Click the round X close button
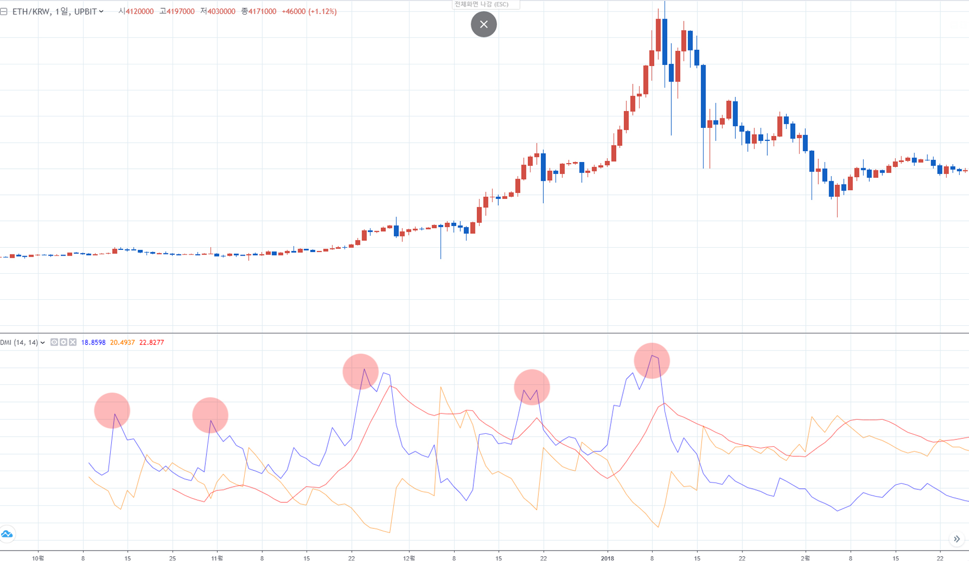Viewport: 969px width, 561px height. [x=484, y=24]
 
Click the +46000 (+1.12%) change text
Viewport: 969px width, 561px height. [x=309, y=11]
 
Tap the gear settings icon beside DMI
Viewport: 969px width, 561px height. [x=63, y=342]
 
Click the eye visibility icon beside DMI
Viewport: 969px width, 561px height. [x=54, y=342]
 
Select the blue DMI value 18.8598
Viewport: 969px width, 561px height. [x=93, y=342]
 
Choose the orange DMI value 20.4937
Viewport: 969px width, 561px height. [x=122, y=342]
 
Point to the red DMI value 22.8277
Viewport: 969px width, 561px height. [x=151, y=342]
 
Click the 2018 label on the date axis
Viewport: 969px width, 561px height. [x=607, y=558]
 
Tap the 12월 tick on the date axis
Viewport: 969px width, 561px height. [x=409, y=558]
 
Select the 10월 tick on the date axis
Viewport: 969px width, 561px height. [x=38, y=558]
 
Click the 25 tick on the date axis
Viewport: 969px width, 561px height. [x=172, y=558]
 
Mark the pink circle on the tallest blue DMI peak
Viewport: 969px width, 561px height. [x=652, y=360]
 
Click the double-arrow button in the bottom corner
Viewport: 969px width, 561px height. [x=957, y=539]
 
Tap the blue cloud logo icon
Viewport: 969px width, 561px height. [x=7, y=534]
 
